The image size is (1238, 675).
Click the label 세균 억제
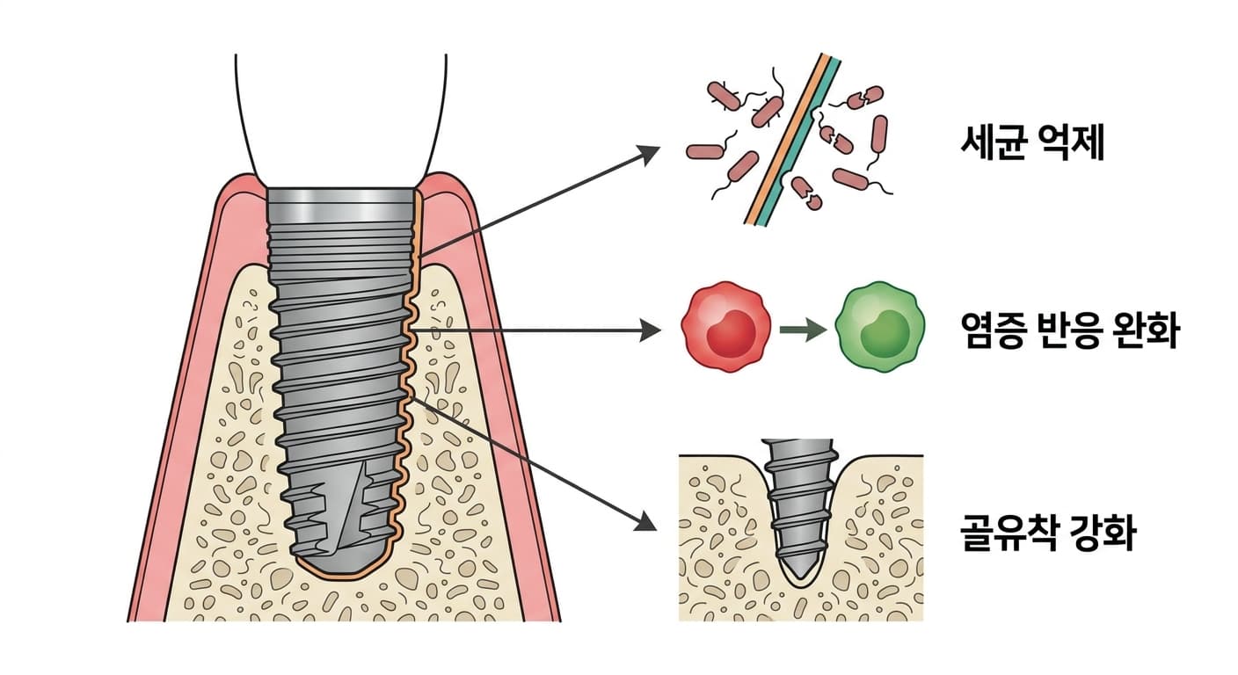pyautogui.click(x=1032, y=143)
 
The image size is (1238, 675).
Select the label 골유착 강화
pyautogui.click(x=1048, y=533)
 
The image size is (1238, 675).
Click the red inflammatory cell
pyautogui.click(x=725, y=326)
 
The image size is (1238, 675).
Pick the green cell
pyautogui.click(x=879, y=326)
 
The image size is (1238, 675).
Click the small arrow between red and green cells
pyautogui.click(x=803, y=330)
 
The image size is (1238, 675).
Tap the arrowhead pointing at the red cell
pyautogui.click(x=650, y=330)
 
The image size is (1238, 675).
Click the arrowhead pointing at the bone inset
pyautogui.click(x=645, y=521)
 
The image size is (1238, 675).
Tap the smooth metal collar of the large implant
pyautogui.click(x=340, y=206)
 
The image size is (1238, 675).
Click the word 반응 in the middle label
pyautogui.click(x=1071, y=330)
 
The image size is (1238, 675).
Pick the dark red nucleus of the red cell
pyautogui.click(x=731, y=332)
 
